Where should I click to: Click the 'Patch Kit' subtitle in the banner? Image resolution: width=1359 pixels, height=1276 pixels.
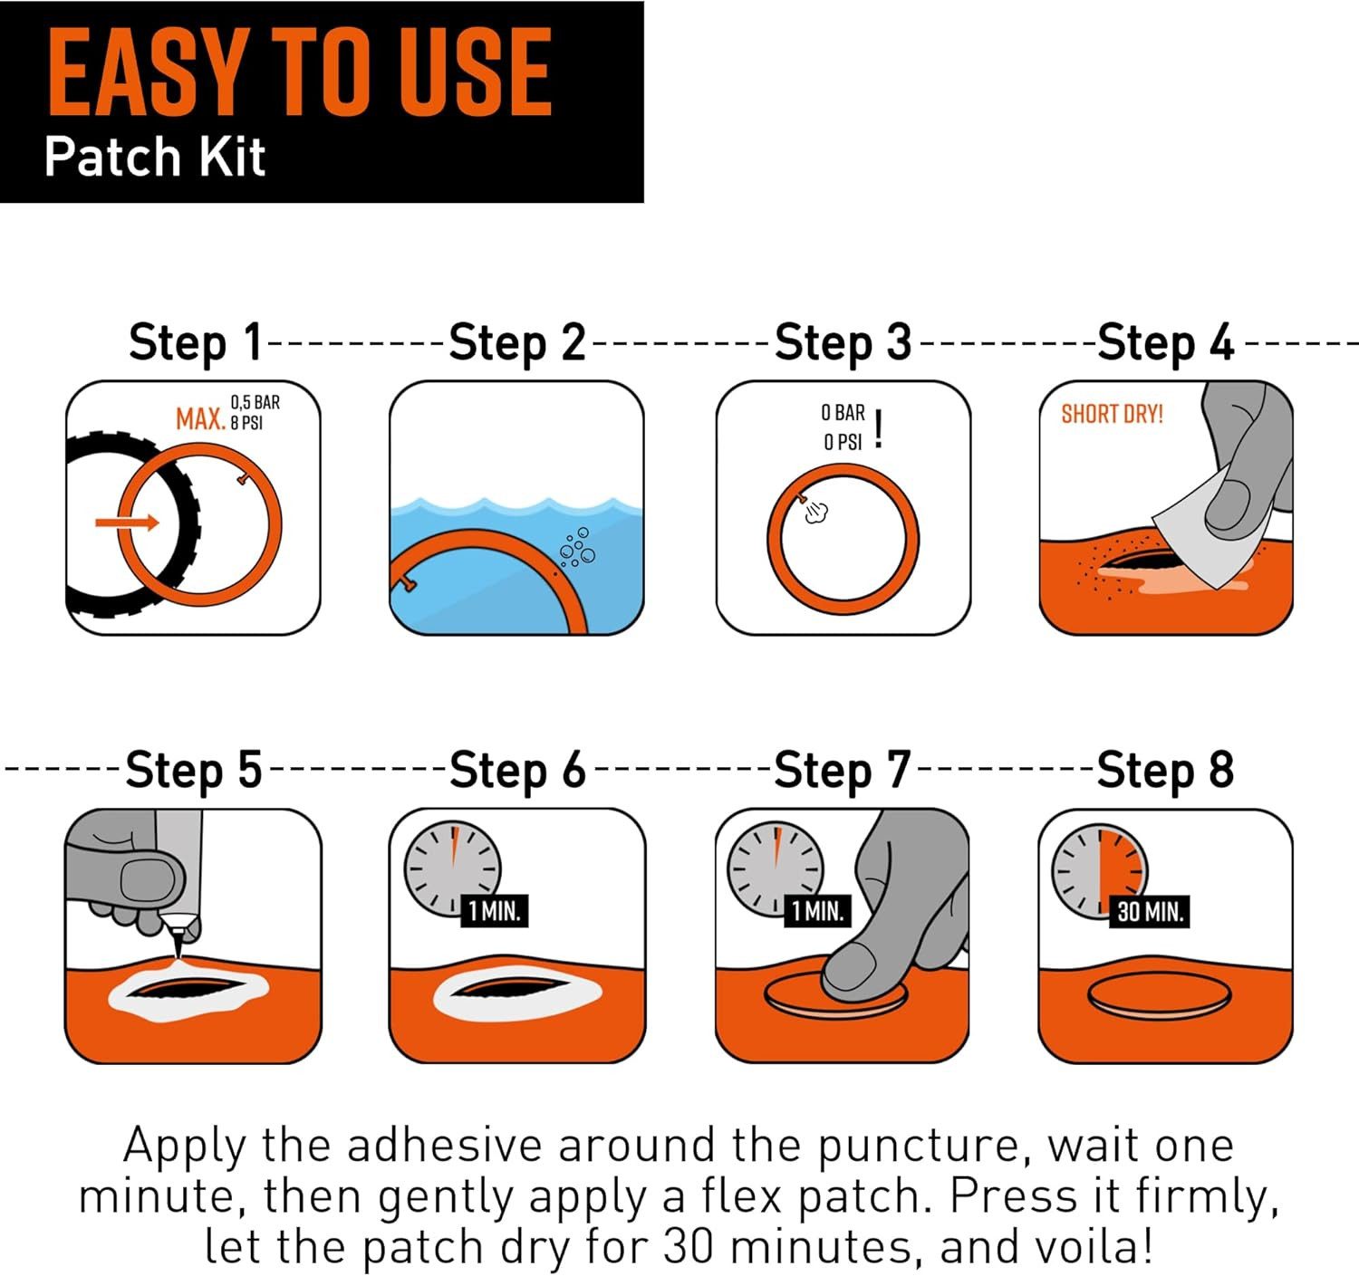155,157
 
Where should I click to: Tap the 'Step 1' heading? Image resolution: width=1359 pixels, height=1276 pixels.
196,342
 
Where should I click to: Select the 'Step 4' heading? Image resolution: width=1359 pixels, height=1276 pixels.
1165,342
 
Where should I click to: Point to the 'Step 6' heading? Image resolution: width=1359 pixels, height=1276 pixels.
517,771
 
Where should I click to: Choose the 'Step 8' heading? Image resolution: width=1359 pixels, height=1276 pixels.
1165,771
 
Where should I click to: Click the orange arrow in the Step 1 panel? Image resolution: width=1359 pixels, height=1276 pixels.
127,523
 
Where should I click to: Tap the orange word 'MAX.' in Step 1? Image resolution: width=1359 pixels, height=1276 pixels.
200,418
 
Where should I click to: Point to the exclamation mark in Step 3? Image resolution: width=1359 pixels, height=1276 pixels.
879,429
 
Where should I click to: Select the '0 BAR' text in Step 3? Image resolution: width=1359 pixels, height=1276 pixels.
843,413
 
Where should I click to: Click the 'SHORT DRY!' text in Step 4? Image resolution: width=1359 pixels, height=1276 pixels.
1112,414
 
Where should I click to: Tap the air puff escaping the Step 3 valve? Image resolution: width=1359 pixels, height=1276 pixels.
816,512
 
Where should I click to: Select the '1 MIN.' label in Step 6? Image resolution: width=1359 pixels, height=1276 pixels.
494,911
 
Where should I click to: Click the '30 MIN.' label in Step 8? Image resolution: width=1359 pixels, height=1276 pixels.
1150,911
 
